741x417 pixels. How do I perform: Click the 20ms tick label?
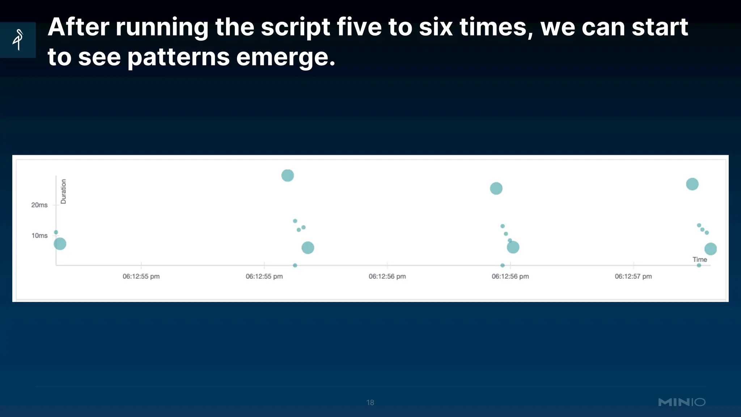(39, 205)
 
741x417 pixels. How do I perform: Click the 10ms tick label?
(39, 236)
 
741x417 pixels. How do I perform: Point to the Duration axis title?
(63, 191)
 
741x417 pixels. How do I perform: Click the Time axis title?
(699, 260)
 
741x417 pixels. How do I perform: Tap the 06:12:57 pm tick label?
(633, 277)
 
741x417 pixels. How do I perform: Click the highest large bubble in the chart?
(288, 176)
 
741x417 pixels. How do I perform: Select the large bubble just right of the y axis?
(60, 244)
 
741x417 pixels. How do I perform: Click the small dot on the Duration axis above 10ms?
(56, 232)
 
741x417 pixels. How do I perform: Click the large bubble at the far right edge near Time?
(711, 249)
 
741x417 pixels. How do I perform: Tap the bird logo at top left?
(18, 40)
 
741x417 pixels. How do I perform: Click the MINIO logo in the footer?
(682, 402)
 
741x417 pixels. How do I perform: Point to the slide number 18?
(370, 403)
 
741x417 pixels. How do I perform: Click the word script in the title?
(295, 28)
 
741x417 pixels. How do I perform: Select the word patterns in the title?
(178, 57)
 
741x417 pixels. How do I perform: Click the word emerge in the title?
(285, 57)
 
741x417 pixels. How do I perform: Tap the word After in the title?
(78, 28)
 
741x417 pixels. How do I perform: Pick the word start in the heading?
(659, 28)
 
